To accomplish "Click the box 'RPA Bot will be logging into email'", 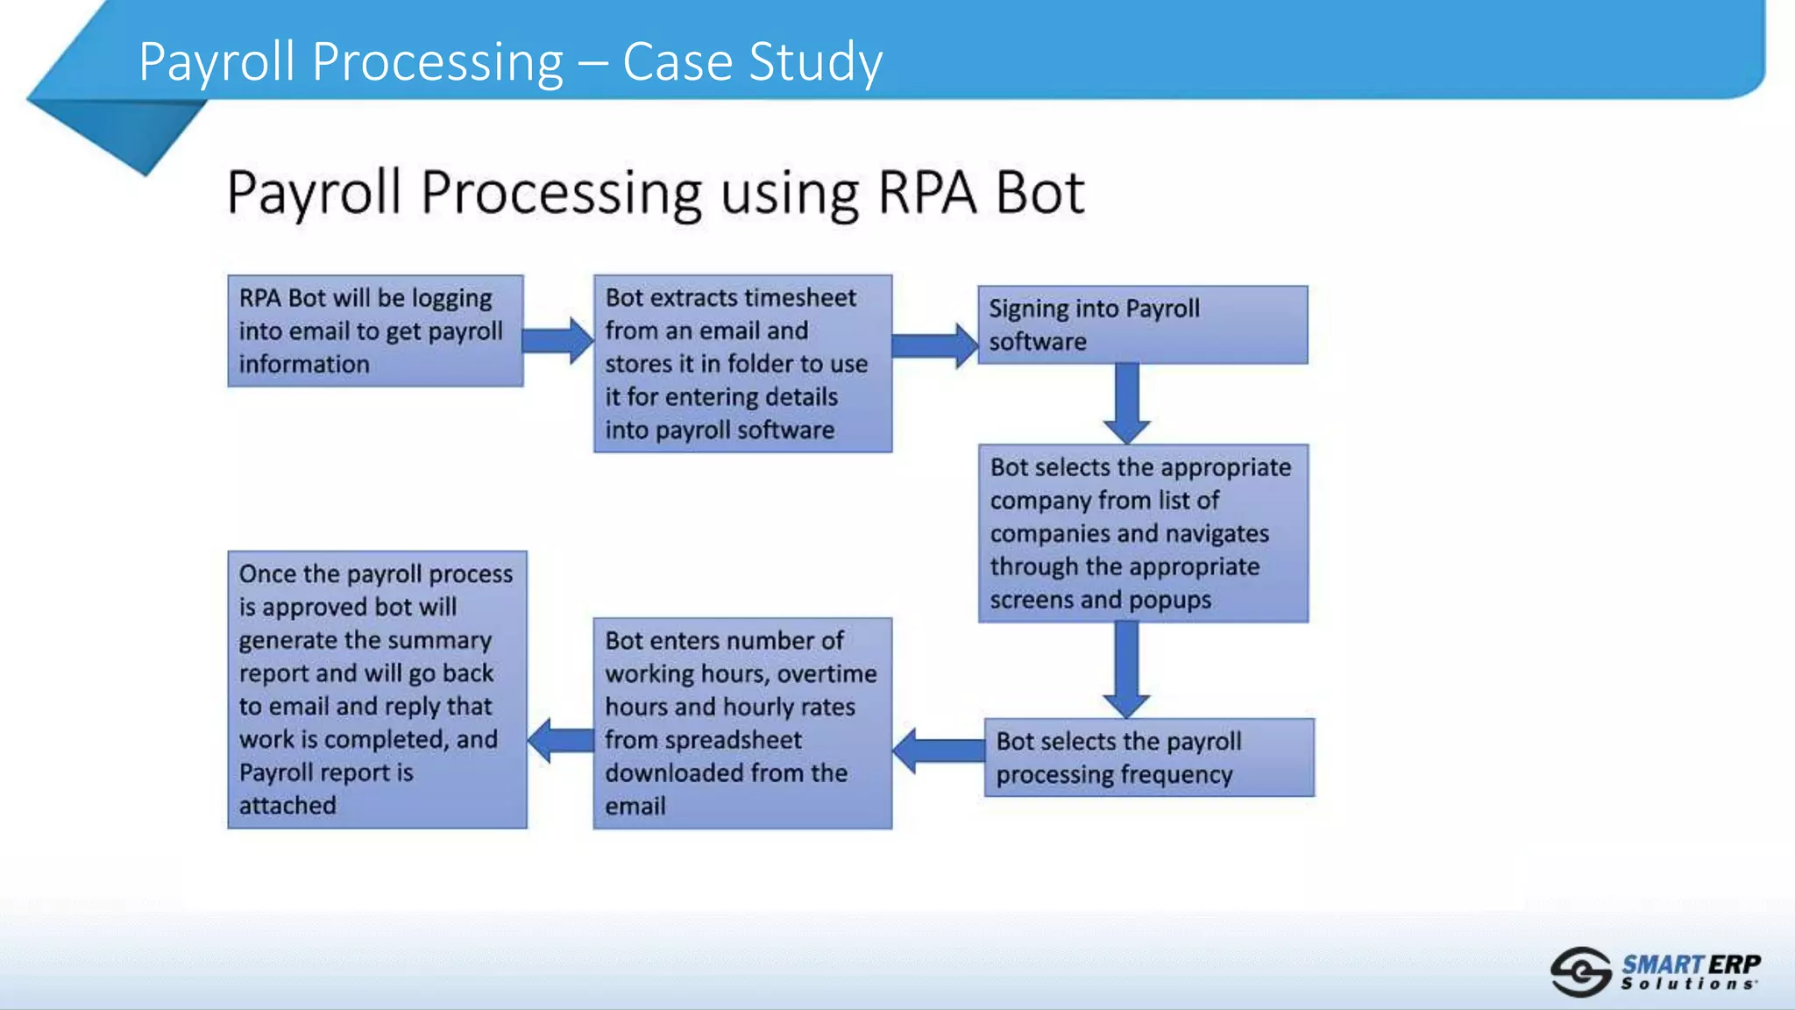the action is pos(375,331).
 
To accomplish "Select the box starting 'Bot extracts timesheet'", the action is pos(742,363).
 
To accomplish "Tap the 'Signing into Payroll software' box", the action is pos(1142,324).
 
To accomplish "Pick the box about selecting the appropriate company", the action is pos(1143,533).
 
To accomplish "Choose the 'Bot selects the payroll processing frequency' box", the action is pos(1148,757).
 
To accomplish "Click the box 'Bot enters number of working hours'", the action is pos(742,722).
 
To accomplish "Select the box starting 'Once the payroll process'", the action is pos(377,689).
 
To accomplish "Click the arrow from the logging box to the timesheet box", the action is pos(558,340).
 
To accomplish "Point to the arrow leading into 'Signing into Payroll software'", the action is pos(934,345).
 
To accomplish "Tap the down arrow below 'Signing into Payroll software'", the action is pos(1126,402).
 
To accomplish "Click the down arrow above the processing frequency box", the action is pos(1126,669).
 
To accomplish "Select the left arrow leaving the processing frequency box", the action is pos(939,750).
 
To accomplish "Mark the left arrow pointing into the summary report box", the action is pos(561,740).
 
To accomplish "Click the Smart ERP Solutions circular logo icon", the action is pos(1580,971).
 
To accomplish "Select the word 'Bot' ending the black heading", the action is pos(1040,192).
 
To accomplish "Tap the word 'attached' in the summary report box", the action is pos(287,805).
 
